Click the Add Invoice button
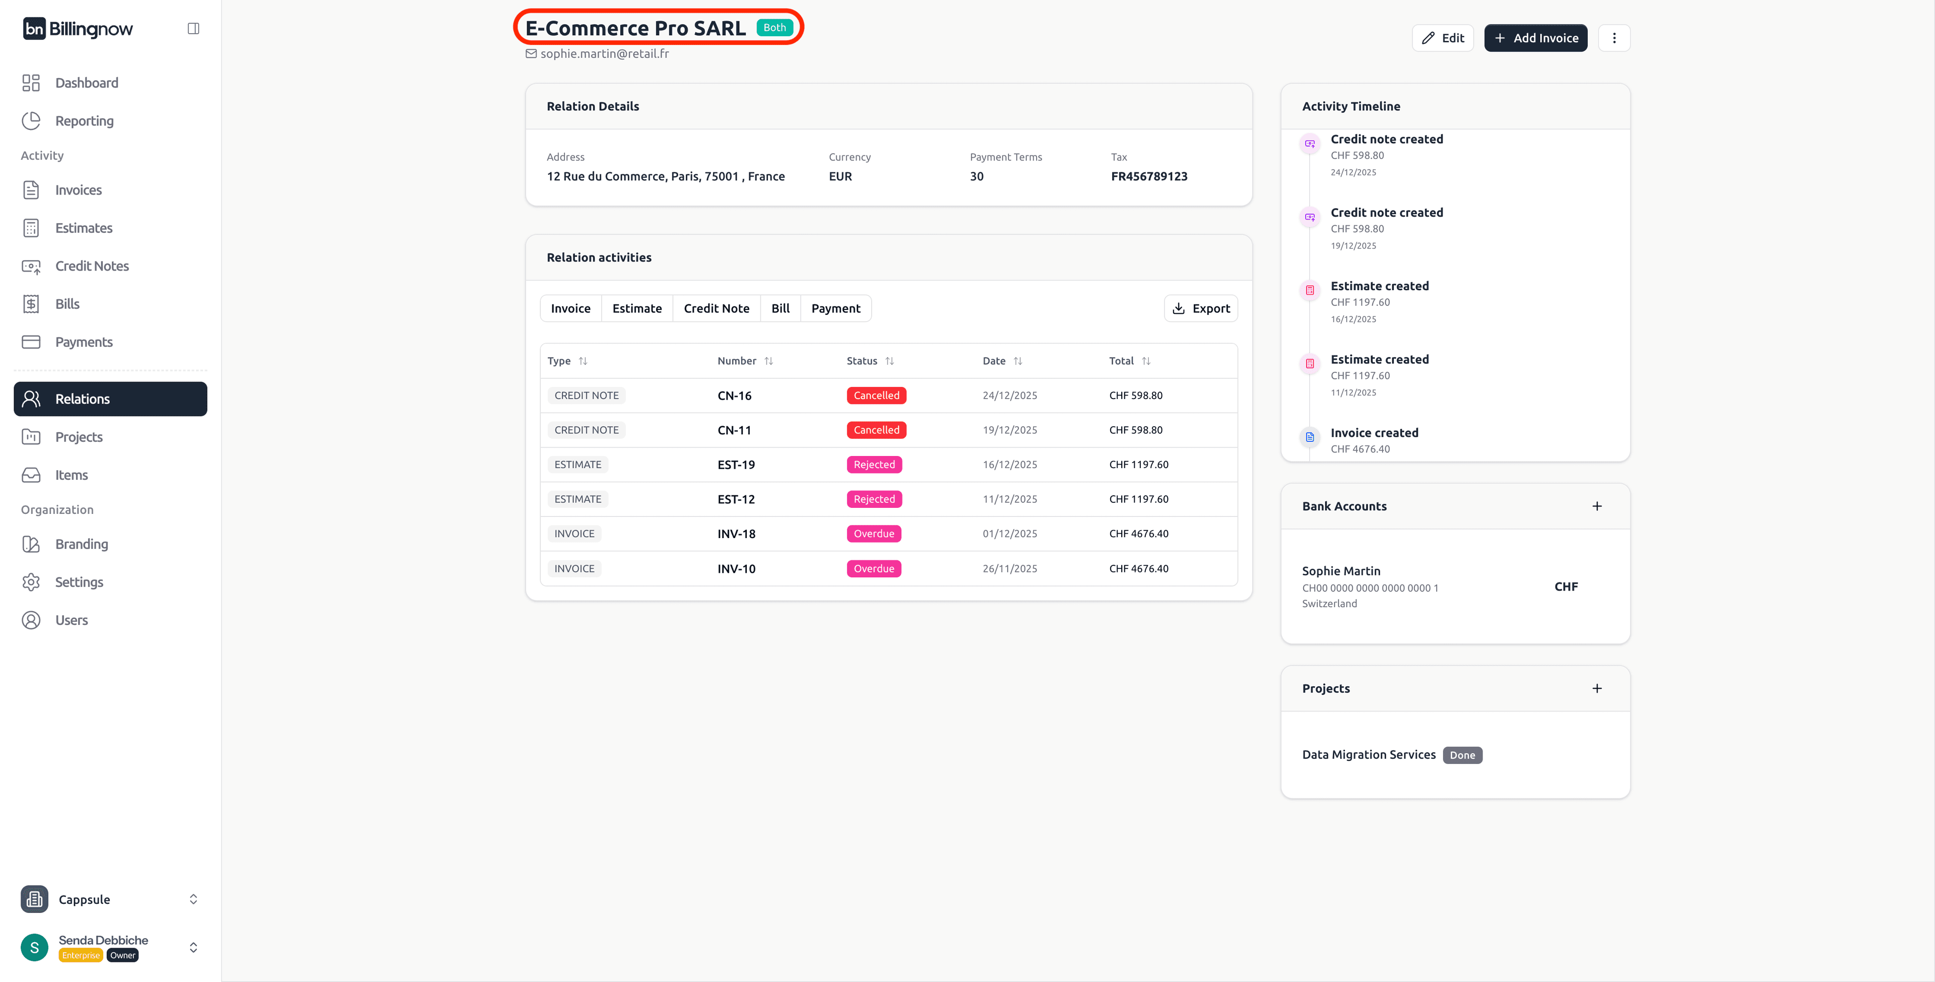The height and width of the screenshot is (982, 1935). click(1535, 38)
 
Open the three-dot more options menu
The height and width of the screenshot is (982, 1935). click(1614, 38)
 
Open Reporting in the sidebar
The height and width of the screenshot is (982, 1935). click(84, 121)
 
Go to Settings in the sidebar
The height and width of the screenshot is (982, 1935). click(79, 582)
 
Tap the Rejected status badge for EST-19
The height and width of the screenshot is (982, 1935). click(874, 465)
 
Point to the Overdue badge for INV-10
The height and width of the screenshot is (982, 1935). click(874, 569)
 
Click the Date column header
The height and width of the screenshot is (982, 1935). click(994, 361)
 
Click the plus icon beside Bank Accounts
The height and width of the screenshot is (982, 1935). click(1596, 506)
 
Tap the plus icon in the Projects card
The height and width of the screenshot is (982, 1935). click(1596, 689)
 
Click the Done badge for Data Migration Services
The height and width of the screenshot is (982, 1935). click(1462, 756)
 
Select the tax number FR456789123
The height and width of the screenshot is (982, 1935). click(1148, 176)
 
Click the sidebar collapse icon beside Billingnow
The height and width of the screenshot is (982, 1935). click(193, 29)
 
